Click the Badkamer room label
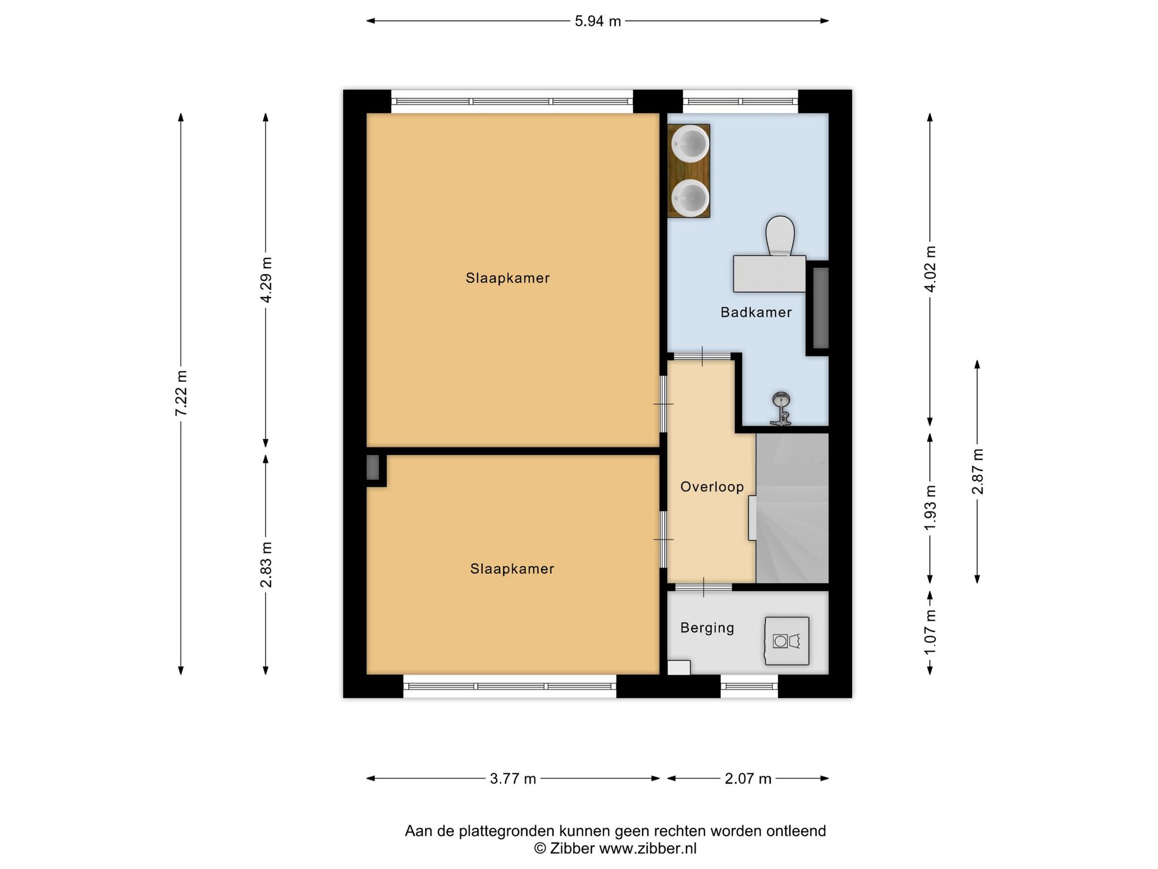pos(756,312)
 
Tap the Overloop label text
pos(712,487)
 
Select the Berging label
pos(707,627)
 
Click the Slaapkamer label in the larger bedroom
pos(508,278)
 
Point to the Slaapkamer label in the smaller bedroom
pos(512,569)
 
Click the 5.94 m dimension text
pos(598,21)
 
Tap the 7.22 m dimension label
pos(181,393)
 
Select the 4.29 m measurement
pos(266,280)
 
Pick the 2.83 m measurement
pos(266,565)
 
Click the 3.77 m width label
pos(513,779)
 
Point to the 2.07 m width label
pos(748,779)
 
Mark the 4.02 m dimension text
pos(930,269)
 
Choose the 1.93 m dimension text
pos(930,508)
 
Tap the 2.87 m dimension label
pos(978,471)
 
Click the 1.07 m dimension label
pos(930,632)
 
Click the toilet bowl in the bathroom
pos(780,236)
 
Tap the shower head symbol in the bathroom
pos(781,408)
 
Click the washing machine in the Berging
pos(787,641)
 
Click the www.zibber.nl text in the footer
pos(648,849)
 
